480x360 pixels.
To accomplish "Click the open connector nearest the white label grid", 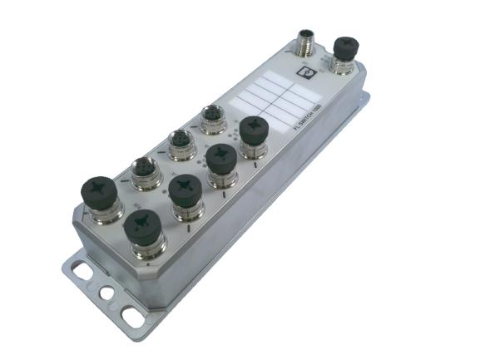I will pos(214,118).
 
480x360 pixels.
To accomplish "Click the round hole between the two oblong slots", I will pos(106,293).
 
